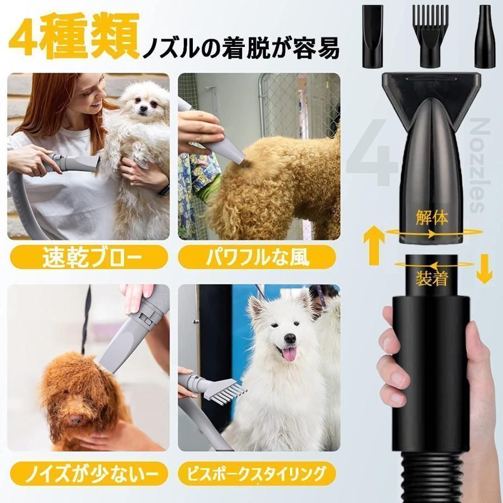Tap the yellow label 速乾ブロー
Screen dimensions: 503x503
[x=88, y=259]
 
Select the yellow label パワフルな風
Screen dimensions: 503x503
[x=257, y=259]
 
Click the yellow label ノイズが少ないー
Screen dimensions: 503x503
[x=88, y=475]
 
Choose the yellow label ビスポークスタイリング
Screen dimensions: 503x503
[x=257, y=475]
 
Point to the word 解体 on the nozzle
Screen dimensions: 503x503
[x=431, y=217]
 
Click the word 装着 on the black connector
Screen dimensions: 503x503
[x=431, y=277]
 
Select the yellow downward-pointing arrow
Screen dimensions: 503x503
[x=484, y=269]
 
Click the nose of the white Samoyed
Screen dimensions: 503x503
[x=290, y=338]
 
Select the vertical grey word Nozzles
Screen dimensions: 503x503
[x=477, y=165]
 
